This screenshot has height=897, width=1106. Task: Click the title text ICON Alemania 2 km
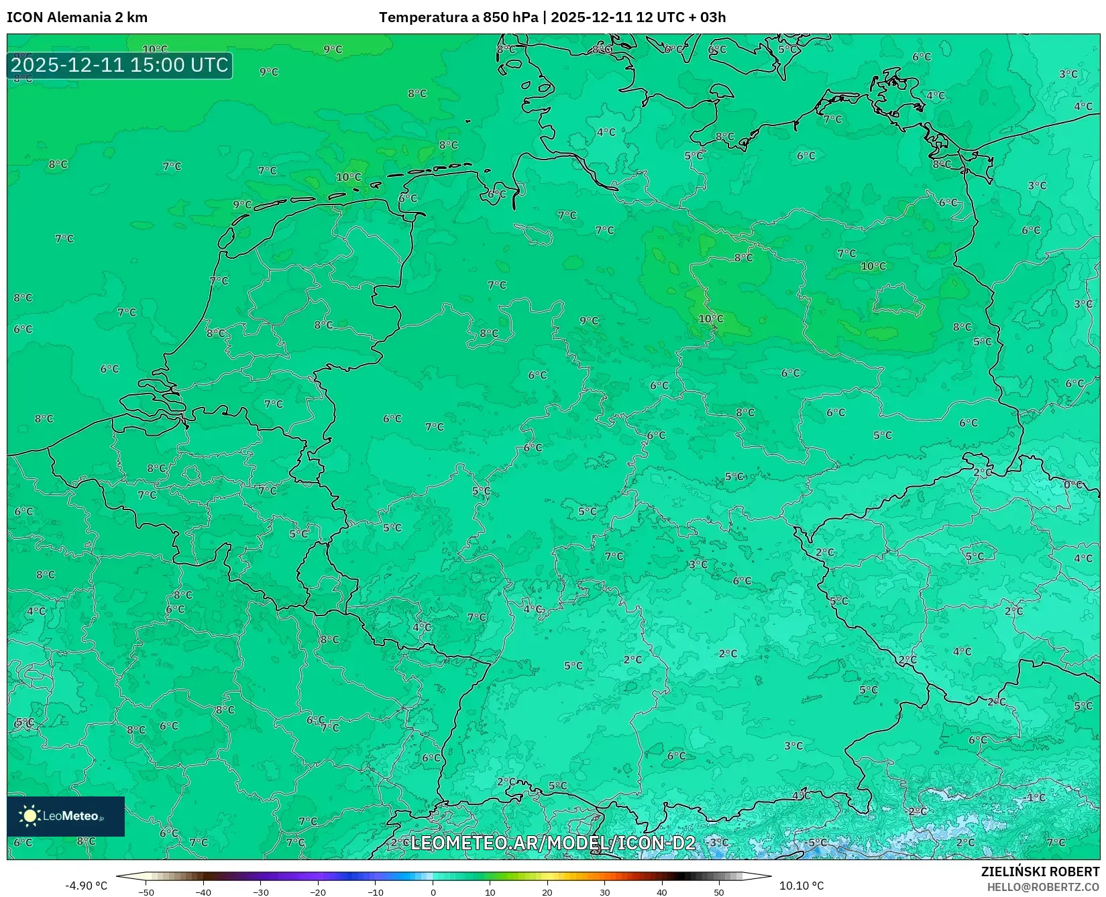click(x=77, y=17)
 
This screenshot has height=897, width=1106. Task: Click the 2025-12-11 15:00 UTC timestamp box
click(x=119, y=65)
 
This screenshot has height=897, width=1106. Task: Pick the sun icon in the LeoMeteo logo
click(x=30, y=816)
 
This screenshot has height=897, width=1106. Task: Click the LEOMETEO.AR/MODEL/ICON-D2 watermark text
click(x=553, y=843)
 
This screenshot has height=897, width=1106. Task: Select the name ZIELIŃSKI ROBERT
click(x=1040, y=872)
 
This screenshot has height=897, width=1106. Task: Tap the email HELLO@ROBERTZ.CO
click(x=1043, y=887)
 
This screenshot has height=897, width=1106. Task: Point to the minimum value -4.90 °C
click(x=86, y=886)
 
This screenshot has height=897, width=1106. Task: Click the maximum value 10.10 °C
click(x=801, y=886)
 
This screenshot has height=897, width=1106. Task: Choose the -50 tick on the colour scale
click(x=146, y=892)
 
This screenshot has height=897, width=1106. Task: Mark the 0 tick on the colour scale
click(x=433, y=892)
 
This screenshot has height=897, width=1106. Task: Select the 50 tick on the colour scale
click(x=719, y=892)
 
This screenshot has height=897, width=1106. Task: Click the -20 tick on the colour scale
click(x=318, y=892)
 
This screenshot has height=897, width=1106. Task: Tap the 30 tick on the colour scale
click(x=604, y=892)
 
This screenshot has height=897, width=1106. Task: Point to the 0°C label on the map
click(x=1073, y=484)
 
